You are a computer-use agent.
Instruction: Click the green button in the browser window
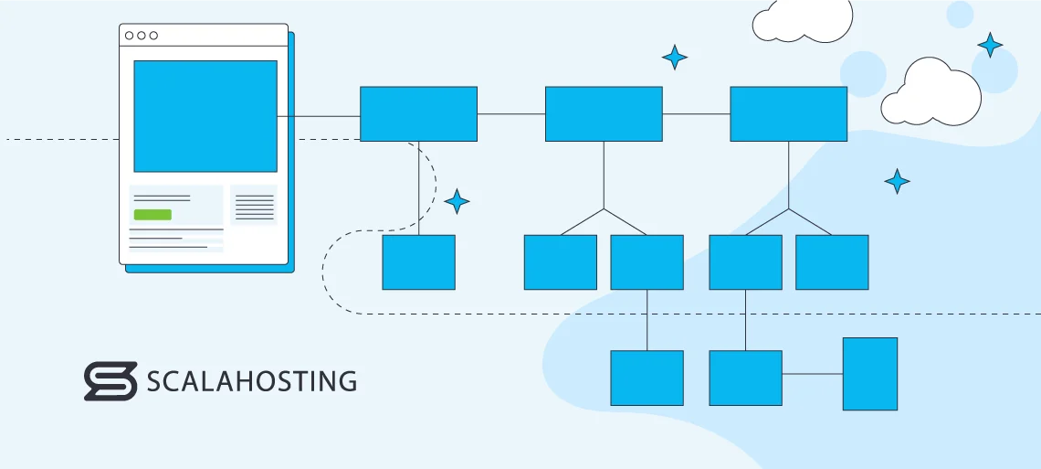(152, 215)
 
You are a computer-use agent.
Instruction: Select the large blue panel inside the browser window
(205, 116)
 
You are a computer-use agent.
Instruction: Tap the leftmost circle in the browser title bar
(130, 36)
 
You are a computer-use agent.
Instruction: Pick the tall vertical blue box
(869, 374)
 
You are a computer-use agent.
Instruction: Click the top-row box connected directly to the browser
(418, 113)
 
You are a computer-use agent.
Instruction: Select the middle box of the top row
(604, 113)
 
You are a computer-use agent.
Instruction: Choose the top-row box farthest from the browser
(788, 113)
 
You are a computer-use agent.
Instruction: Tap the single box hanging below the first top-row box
(418, 262)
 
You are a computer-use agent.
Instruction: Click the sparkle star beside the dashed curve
(457, 201)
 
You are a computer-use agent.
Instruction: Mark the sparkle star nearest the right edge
(990, 45)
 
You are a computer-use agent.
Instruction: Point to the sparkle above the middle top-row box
(675, 58)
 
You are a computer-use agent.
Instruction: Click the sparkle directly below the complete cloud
(897, 181)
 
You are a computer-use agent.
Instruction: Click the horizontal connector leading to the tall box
(812, 374)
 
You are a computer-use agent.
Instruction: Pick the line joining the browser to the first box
(319, 116)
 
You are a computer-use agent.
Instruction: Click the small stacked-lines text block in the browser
(254, 207)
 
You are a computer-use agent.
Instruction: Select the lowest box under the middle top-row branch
(647, 378)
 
